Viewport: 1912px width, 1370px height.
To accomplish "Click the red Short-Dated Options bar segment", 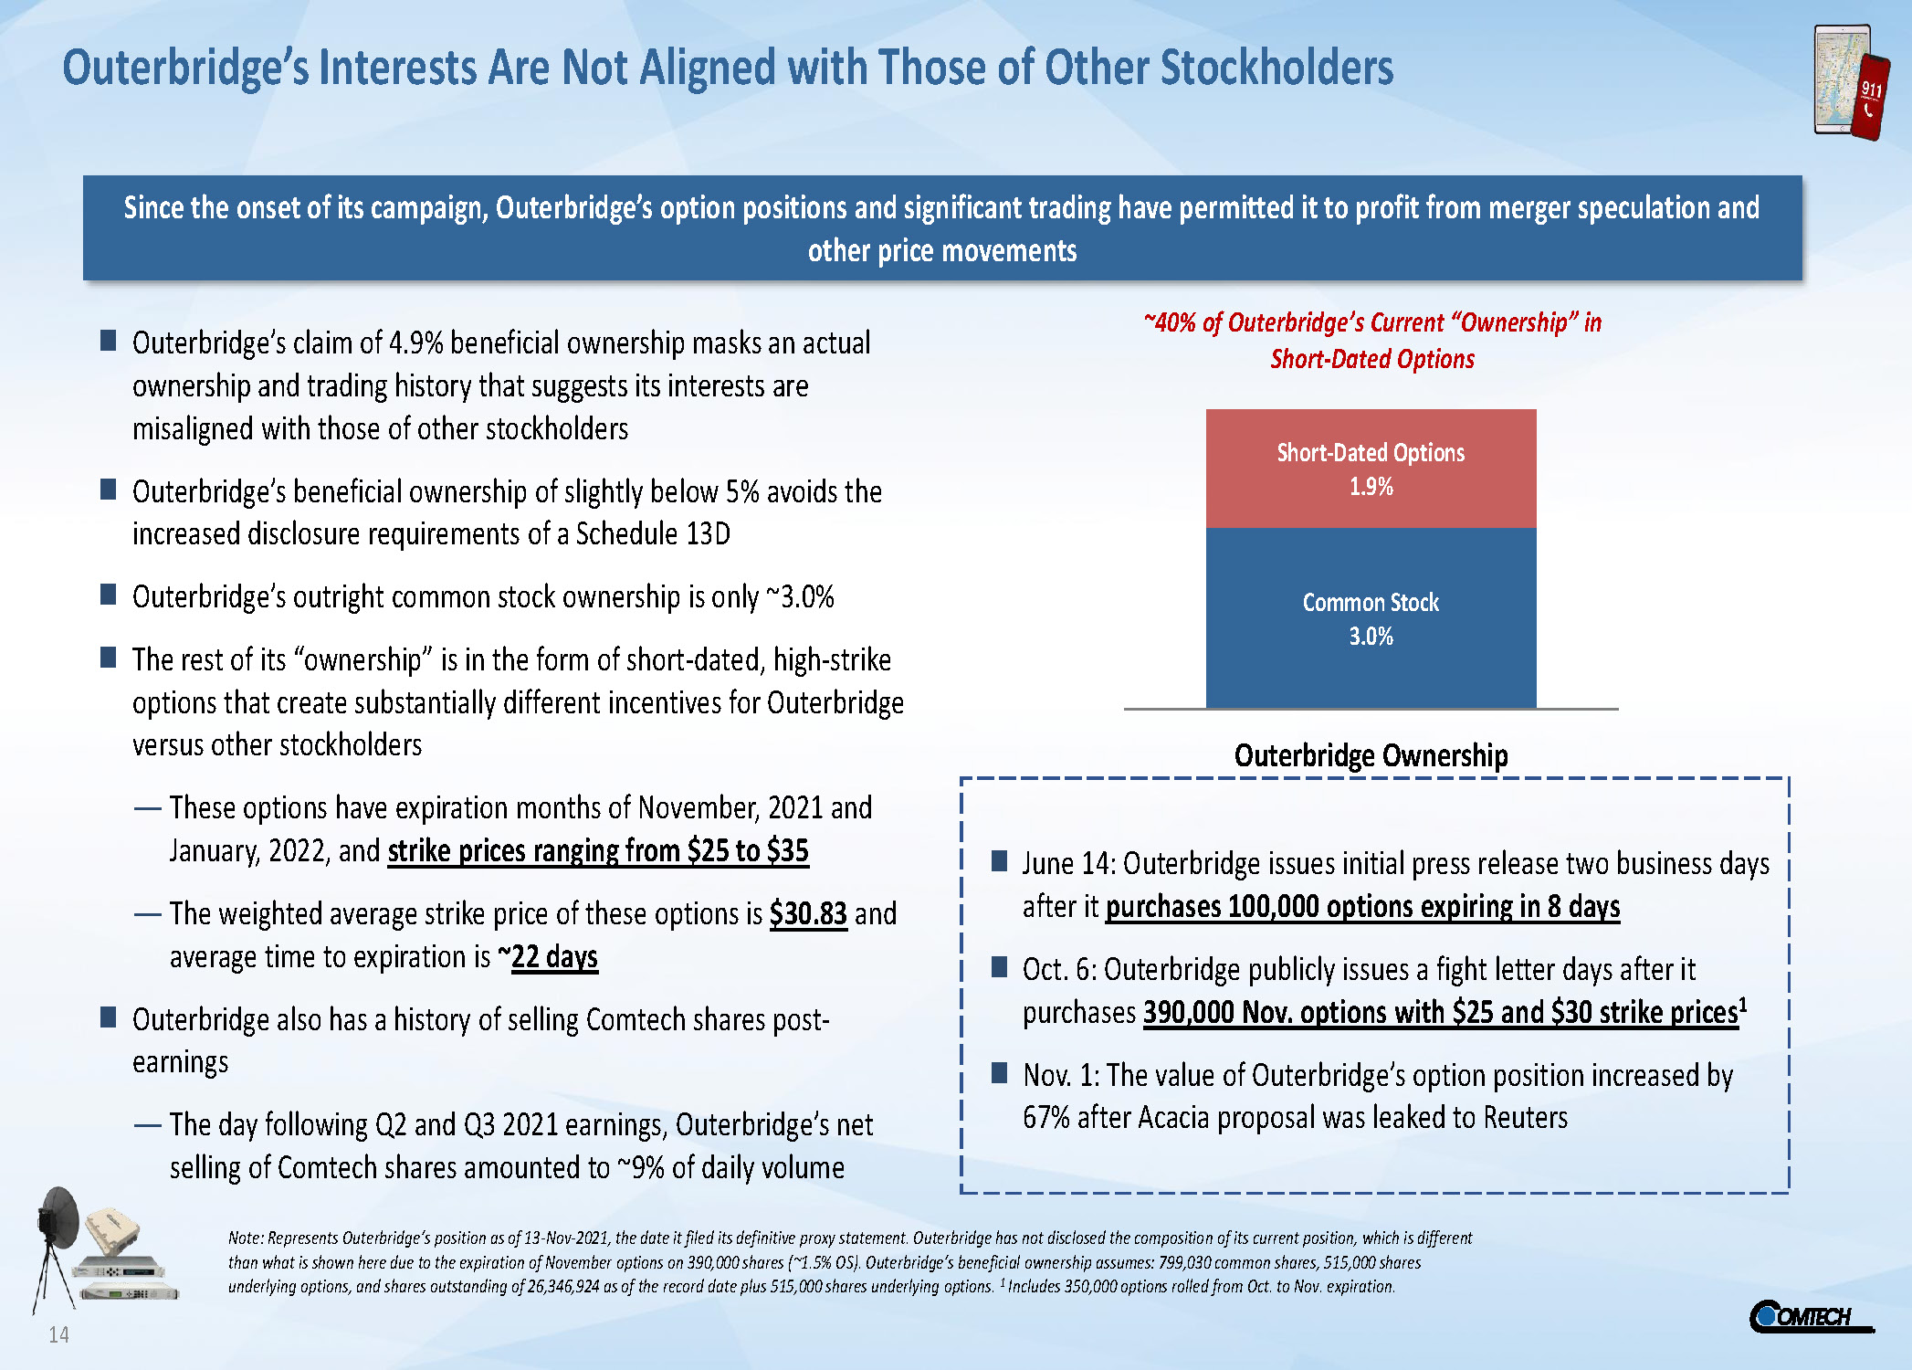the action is click(1371, 469).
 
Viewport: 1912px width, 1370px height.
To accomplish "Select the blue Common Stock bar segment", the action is click(1371, 617).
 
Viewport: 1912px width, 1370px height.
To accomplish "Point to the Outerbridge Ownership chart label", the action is click(1371, 756).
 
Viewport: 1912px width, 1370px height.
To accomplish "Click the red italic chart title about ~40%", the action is click(1372, 341).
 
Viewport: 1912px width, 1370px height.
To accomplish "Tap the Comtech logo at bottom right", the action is click(1810, 1316).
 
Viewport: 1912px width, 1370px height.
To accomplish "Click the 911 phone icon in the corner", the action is click(1852, 83).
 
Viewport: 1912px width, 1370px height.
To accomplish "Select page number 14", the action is click(58, 1335).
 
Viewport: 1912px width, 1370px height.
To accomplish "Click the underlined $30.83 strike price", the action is click(808, 914).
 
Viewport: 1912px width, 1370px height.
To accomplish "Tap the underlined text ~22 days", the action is click(548, 957).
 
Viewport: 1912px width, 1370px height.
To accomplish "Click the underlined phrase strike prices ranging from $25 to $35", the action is click(598, 851).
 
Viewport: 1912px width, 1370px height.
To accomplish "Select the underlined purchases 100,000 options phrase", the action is click(1362, 907).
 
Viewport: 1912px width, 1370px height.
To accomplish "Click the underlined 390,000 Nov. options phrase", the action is click(1441, 1013).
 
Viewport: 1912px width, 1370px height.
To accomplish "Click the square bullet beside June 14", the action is click(1000, 860).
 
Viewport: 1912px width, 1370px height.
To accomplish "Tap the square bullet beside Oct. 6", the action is click(1000, 966).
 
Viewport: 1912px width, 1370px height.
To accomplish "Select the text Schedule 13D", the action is click(653, 534).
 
